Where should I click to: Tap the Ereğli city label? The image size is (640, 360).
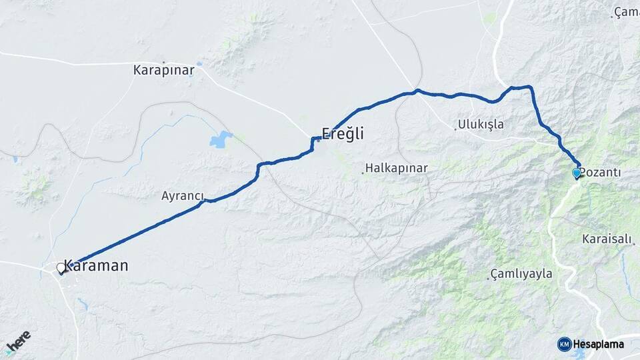pos(343,133)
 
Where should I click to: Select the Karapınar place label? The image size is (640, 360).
pos(163,70)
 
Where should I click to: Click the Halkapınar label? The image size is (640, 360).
pos(397,169)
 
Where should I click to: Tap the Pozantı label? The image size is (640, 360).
pos(601,173)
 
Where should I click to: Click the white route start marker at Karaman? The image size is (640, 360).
pos(61,268)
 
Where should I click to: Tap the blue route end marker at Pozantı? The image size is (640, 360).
pos(577,173)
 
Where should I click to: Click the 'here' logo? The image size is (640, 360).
pos(18,342)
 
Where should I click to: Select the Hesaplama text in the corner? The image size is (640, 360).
pos(598,344)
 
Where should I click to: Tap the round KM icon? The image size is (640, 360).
pos(564,344)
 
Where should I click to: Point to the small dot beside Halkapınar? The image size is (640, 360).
pos(363,173)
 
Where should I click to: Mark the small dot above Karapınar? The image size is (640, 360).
pos(163,62)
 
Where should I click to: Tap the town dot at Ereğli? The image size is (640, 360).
pos(318,140)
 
